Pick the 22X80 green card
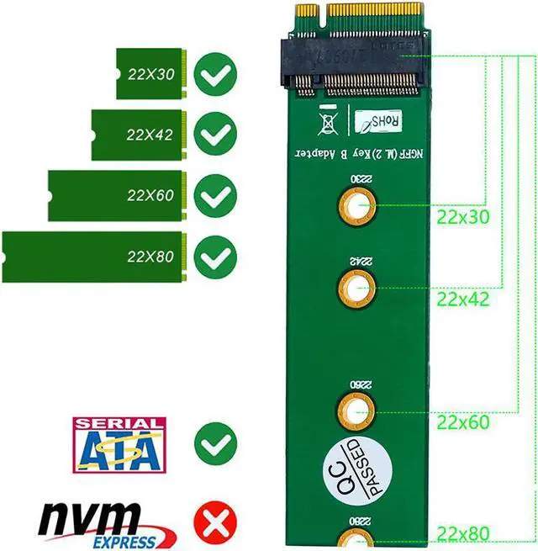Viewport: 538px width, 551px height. point(92,257)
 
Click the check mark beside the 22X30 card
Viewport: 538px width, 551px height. point(215,75)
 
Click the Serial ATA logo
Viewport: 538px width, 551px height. point(119,443)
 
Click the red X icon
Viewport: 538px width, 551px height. point(215,523)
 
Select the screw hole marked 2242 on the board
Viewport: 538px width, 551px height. point(356,288)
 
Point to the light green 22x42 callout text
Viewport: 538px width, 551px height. point(462,299)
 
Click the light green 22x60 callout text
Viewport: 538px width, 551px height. point(462,422)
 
